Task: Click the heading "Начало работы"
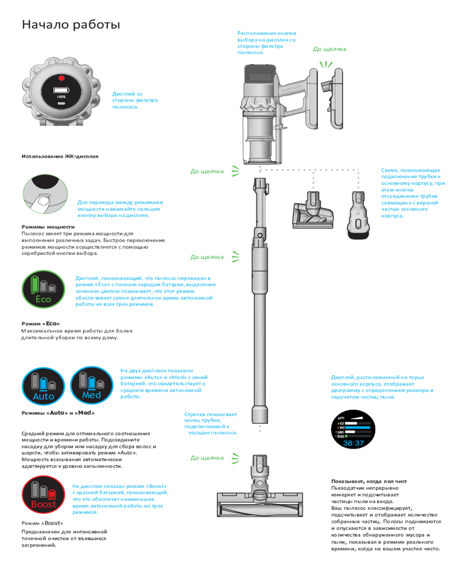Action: pos(71,25)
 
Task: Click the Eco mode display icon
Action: pos(44,289)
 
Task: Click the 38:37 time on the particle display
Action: pos(353,443)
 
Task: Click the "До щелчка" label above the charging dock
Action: pos(329,49)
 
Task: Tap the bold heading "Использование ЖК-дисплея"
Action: pos(60,156)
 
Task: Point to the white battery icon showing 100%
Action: pos(61,90)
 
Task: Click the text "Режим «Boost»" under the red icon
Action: pos(42,523)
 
